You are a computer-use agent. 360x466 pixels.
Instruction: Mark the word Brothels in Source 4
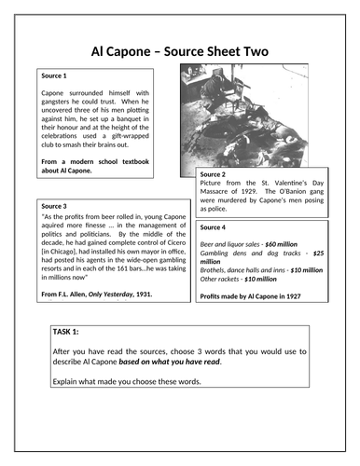click(215, 269)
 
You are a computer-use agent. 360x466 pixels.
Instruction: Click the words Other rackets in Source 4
click(225, 279)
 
